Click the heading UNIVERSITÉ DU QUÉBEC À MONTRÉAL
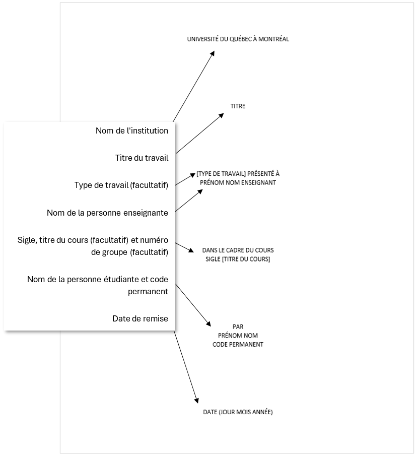coord(238,39)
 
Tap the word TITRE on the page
coord(238,106)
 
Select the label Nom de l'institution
coord(131,130)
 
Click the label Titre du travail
coord(142,158)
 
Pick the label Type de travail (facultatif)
coord(121,185)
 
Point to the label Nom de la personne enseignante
coord(107,213)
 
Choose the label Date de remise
coord(140,318)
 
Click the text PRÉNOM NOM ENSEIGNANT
coord(238,182)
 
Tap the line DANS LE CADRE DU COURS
coord(238,250)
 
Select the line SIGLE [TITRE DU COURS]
coord(238,259)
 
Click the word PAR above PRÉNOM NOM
coord(238,327)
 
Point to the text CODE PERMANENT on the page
coord(238,345)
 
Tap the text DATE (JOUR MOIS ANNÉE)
coord(238,412)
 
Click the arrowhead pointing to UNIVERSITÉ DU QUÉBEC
coord(213,53)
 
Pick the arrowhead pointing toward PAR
coord(207,323)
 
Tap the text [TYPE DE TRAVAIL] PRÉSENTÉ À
coord(238,174)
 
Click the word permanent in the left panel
coord(149,291)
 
